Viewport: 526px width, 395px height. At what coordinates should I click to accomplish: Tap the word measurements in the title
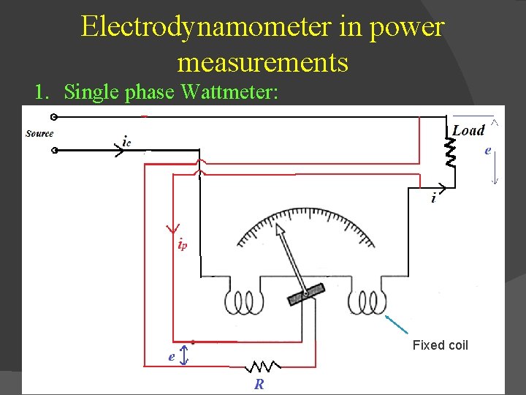pos(262,63)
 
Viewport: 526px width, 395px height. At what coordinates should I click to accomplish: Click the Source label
pos(39,134)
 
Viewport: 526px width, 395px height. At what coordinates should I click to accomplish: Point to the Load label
pos(468,130)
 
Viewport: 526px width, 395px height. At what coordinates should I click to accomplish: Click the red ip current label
pos(182,245)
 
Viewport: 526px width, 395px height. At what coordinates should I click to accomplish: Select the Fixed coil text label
pos(440,345)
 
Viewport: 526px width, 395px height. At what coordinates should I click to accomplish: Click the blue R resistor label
pos(259,384)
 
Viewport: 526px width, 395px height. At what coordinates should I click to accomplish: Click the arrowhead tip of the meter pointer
pos(279,229)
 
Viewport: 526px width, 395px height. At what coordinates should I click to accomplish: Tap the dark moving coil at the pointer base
pos(306,294)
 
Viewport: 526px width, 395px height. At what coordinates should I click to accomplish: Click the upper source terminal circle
pos(54,117)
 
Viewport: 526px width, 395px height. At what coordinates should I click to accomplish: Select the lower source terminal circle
pos(54,151)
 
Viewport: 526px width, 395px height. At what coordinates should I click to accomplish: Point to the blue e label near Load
pos(487,151)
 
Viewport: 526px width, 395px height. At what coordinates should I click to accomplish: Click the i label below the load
pos(434,197)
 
